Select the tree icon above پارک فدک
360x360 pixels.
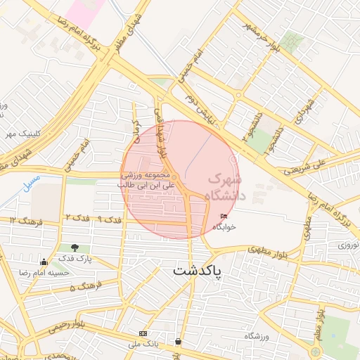(x=75, y=247)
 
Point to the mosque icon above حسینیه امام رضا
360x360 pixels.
(x=44, y=261)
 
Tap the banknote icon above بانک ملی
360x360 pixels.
(x=143, y=333)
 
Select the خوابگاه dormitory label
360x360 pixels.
(x=224, y=227)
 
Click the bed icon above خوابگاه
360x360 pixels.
(x=224, y=217)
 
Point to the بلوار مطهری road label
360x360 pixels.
(x=266, y=249)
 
